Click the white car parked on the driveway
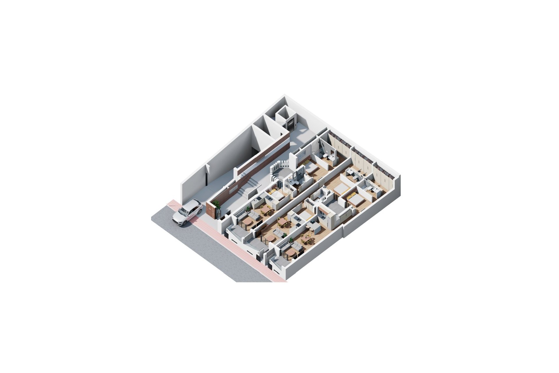point(187,212)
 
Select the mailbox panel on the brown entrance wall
point(233,190)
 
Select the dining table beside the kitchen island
point(306,239)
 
